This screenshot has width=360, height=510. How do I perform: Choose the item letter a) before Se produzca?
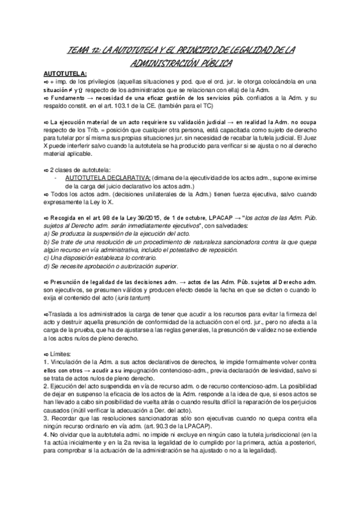47,233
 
